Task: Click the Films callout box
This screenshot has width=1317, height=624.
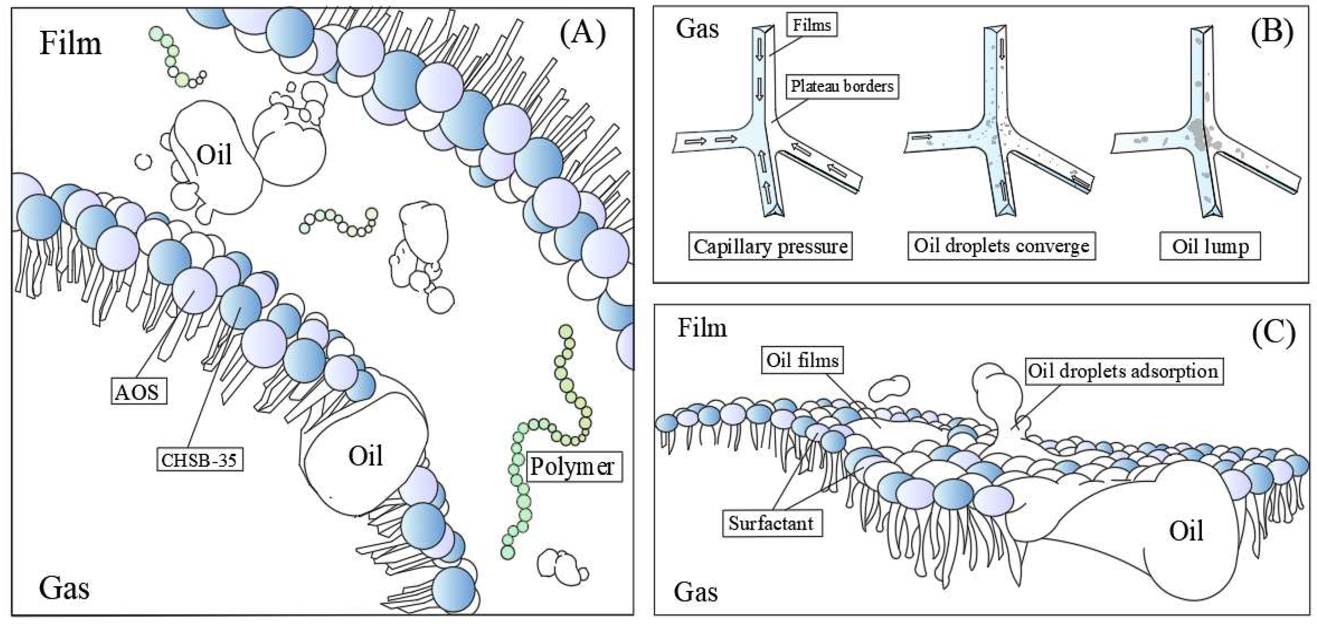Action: coord(812,25)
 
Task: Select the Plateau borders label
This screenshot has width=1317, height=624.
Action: coord(842,86)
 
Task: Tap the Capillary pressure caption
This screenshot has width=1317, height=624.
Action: coord(770,247)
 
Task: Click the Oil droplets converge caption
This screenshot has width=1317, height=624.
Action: coord(1001,246)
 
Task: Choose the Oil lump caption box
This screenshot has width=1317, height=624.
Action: coord(1210,247)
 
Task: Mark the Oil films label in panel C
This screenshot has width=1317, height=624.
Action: coord(802,361)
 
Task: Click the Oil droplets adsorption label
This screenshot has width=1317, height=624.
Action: coord(1123,371)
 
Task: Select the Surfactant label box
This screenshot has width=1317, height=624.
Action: coord(771,523)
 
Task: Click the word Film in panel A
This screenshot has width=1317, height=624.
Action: coord(71,43)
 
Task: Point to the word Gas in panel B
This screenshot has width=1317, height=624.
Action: coord(697,28)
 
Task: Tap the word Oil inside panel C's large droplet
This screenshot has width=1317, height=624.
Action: coord(1186,531)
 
